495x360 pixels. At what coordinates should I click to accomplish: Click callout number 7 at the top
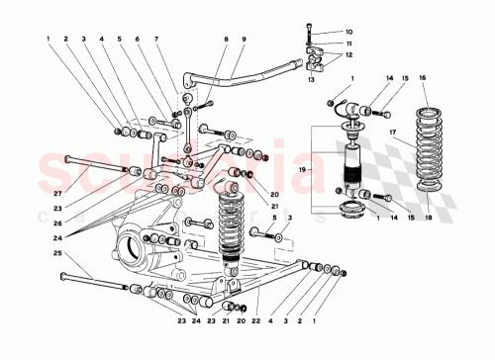pyautogui.click(x=156, y=40)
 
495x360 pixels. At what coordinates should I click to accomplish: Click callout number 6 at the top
pyautogui.click(x=138, y=40)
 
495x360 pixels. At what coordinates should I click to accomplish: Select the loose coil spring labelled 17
pyautogui.click(x=428, y=148)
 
